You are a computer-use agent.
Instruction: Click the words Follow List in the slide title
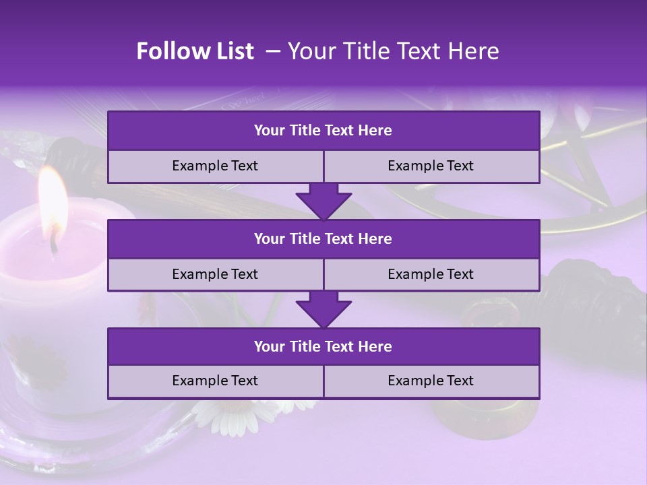coord(195,51)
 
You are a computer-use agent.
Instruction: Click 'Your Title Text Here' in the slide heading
coord(393,51)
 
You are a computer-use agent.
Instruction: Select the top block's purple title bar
coord(323,131)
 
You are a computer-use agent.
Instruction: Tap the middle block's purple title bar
coord(323,239)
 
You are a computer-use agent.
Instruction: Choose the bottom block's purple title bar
coord(323,347)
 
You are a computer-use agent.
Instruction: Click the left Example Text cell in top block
coord(215,166)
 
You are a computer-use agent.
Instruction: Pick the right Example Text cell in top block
coord(431,166)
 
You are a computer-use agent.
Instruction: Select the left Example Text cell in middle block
coord(215,275)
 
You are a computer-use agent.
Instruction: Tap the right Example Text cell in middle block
coord(431,275)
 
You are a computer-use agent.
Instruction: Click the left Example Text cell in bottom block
coord(215,381)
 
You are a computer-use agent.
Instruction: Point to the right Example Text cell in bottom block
coord(431,381)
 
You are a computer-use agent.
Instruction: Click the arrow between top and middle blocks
coord(323,201)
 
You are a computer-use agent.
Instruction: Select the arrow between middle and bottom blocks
coord(323,309)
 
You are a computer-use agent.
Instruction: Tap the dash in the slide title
coord(273,51)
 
